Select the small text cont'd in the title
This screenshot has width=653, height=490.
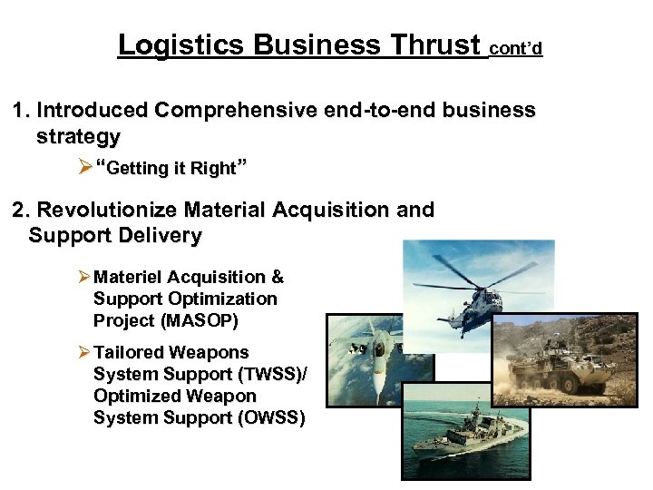[x=515, y=48]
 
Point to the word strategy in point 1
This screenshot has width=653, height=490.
[x=78, y=137]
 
